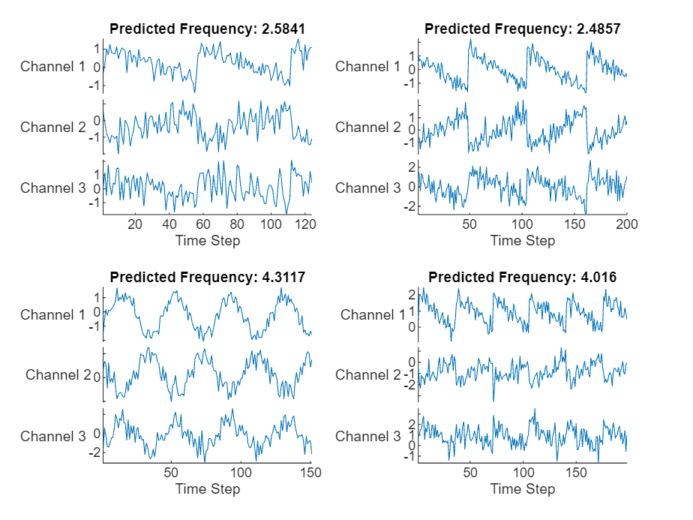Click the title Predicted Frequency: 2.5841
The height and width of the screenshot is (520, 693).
[x=208, y=29]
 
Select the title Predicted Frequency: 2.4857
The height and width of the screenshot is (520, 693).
[x=523, y=29]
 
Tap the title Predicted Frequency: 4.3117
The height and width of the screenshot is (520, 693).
[x=208, y=277]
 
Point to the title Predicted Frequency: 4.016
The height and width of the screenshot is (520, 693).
[x=523, y=277]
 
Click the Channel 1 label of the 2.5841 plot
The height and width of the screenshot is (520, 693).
[x=52, y=66]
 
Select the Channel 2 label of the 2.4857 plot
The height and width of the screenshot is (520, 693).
[x=367, y=127]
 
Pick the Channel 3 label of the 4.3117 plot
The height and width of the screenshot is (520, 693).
[x=52, y=436]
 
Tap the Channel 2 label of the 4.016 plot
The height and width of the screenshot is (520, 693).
[x=367, y=374]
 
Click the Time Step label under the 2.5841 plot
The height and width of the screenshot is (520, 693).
[x=208, y=241]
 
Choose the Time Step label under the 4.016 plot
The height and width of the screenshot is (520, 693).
[x=523, y=489]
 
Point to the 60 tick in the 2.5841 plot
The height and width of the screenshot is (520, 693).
[x=203, y=224]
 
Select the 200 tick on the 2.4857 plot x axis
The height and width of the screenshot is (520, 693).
[x=626, y=224]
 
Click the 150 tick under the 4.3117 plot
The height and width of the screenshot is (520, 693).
[x=311, y=473]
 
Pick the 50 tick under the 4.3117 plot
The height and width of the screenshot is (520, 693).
[x=172, y=473]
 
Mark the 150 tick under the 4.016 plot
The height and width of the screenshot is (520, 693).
[x=576, y=473]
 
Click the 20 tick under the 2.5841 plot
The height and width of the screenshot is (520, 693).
[x=135, y=224]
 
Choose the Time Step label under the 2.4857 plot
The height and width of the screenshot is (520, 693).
[x=523, y=241]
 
